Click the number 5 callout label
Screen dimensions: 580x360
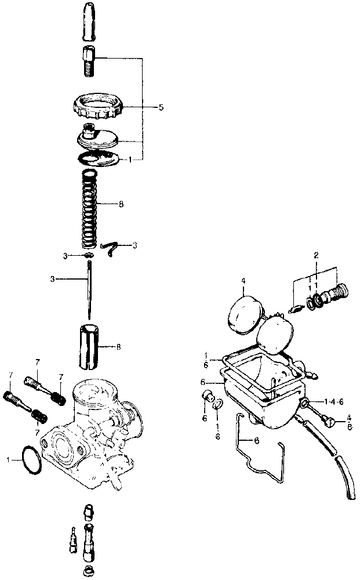161,107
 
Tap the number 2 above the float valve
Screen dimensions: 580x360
317,255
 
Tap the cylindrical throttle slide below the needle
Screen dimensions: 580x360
90,346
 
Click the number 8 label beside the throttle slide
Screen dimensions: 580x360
119,347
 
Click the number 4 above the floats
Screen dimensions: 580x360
243,282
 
